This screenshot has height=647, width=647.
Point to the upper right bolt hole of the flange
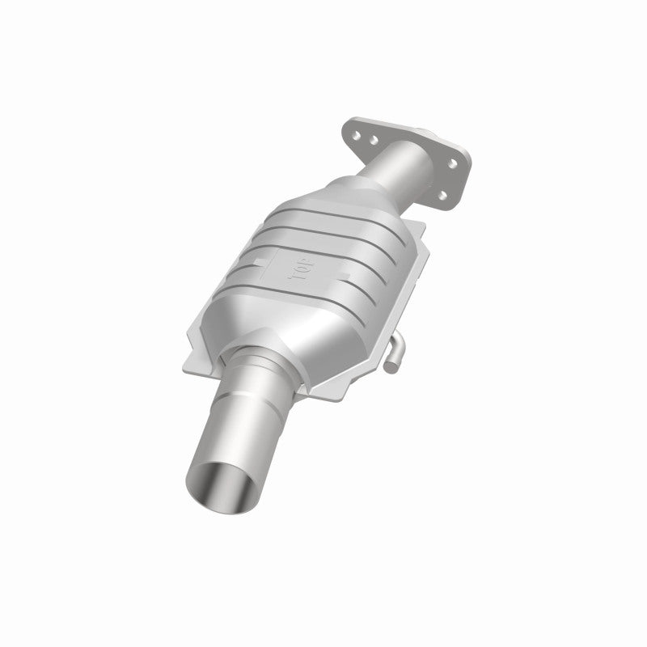pos(452,164)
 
